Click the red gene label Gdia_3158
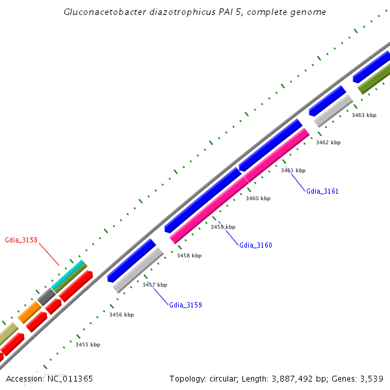[x=21, y=240]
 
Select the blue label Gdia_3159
[x=185, y=305]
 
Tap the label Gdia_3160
[x=255, y=245]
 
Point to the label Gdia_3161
[x=322, y=191]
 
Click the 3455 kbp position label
[x=88, y=344]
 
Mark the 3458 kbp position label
[x=188, y=256]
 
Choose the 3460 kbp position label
[x=257, y=198]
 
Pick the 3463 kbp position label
[x=364, y=115]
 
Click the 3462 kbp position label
[x=328, y=142]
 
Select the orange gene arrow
[x=30, y=312]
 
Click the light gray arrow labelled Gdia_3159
[x=138, y=269]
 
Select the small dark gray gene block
[x=47, y=296]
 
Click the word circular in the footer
[x=225, y=378]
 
